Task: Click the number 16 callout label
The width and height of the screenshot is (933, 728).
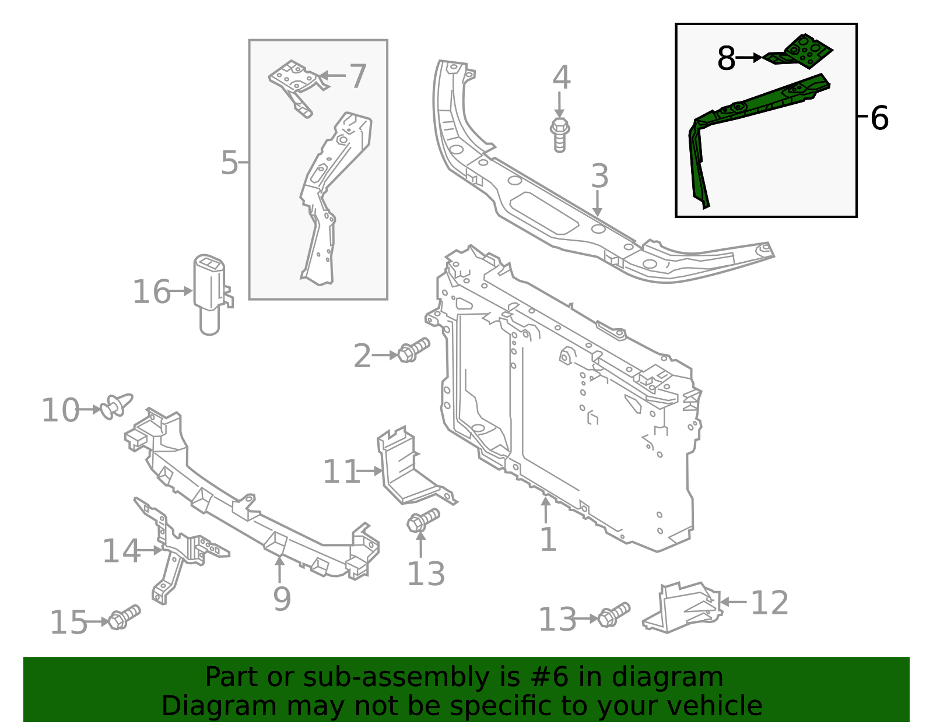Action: [x=152, y=291]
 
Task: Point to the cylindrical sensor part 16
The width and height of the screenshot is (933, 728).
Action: [x=209, y=291]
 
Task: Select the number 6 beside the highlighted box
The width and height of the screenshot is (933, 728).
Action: [x=879, y=118]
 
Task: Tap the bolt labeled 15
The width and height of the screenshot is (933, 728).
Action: [x=124, y=617]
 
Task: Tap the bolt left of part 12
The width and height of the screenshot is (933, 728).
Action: [x=613, y=616]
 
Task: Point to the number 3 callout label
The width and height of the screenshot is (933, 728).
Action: [x=599, y=176]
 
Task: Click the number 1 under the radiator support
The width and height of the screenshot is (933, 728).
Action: [x=548, y=539]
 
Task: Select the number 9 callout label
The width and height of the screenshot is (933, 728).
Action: [x=282, y=598]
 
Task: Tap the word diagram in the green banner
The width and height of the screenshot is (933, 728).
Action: [x=680, y=677]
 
